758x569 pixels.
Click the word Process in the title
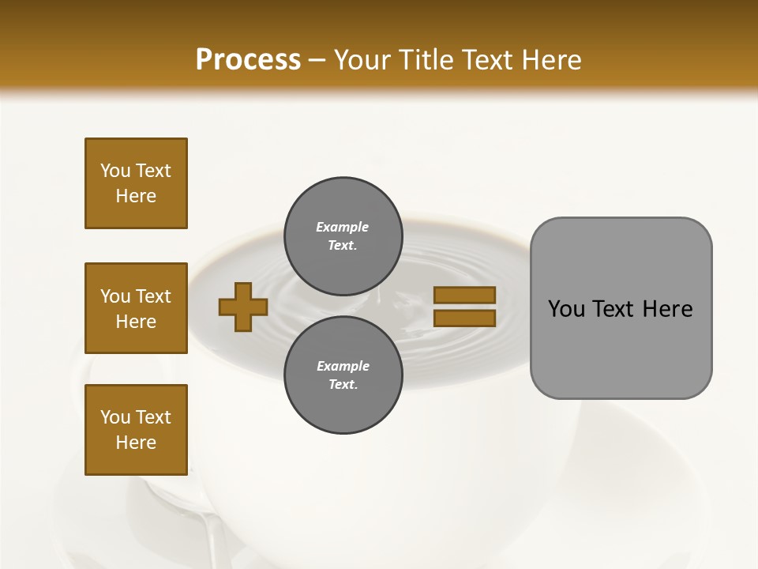tap(248, 60)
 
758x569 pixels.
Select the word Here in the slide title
tap(550, 60)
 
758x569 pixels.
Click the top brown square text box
tap(136, 183)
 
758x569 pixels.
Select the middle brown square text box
tap(136, 308)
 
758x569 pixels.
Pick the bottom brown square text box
tap(136, 430)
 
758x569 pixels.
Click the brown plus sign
tap(243, 307)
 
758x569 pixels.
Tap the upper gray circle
tap(343, 236)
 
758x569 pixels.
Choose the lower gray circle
tap(343, 375)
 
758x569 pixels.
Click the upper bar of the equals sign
tap(464, 295)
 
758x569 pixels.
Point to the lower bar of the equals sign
tap(464, 318)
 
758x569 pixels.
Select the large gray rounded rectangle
tap(621, 307)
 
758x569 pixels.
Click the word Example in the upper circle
tap(343, 227)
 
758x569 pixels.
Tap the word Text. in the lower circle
tap(343, 385)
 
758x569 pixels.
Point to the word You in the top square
tap(115, 171)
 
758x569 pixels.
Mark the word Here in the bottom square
tap(136, 443)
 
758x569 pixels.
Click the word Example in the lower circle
tap(343, 366)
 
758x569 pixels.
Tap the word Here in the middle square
tap(136, 322)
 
